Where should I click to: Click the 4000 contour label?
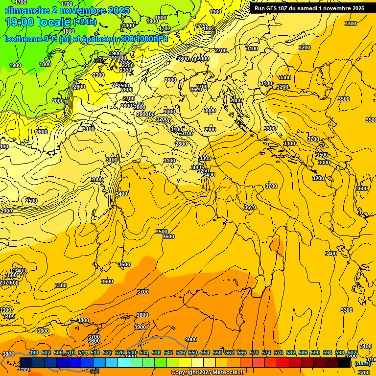[x=191, y=339]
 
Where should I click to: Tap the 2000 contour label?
[x=58, y=101]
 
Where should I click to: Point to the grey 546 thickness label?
[x=99, y=60]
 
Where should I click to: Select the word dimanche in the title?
[x=26, y=10]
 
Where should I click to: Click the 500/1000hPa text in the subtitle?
[x=142, y=39]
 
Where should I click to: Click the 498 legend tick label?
[x=34, y=353]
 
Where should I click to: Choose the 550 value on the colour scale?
[x=193, y=353]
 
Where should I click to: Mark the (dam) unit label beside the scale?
[x=363, y=363]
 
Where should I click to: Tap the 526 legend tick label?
[x=119, y=353]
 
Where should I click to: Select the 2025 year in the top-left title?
[x=118, y=10]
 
